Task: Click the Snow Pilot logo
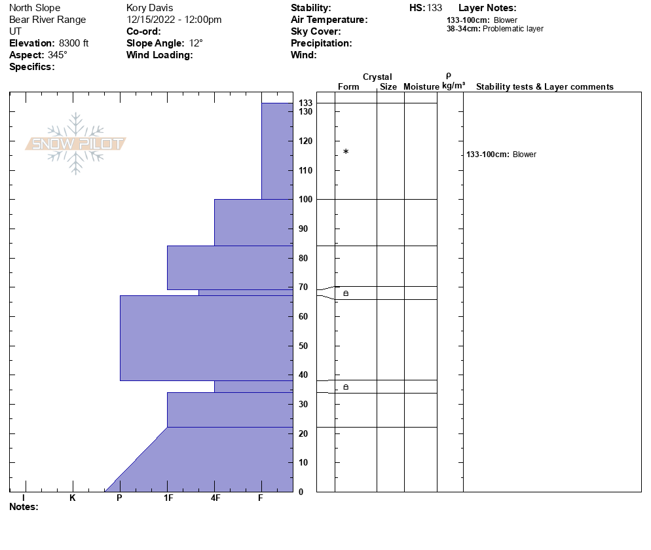(76, 143)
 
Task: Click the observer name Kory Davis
(149, 8)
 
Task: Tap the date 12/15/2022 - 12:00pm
(174, 20)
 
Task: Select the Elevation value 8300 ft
(73, 43)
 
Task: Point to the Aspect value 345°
(58, 55)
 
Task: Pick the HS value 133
(434, 8)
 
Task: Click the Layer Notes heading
(487, 8)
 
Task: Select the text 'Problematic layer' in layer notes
(513, 29)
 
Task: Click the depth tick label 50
(303, 346)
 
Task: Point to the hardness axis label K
(72, 498)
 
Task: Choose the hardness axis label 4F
(215, 498)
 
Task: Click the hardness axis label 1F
(168, 498)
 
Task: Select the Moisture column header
(421, 87)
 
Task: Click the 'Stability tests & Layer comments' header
(544, 87)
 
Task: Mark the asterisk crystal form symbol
(346, 152)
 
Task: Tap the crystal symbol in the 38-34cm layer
(346, 387)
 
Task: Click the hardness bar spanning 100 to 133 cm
(277, 151)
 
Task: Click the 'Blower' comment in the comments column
(524, 155)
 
